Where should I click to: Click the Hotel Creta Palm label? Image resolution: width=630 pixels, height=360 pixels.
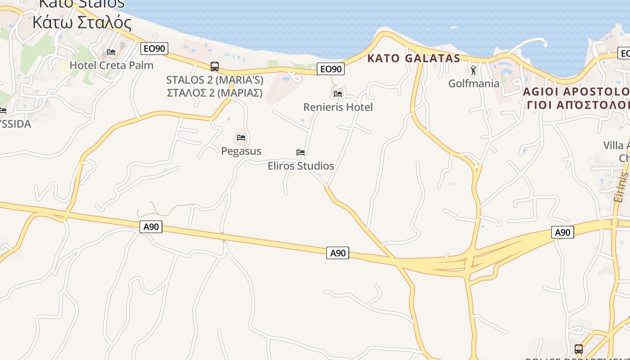111,65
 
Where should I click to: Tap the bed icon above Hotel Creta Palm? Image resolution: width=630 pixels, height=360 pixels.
111,52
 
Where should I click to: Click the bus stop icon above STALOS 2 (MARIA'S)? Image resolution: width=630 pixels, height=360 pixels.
215,67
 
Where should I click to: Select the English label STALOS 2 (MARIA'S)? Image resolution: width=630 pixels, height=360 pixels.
215,80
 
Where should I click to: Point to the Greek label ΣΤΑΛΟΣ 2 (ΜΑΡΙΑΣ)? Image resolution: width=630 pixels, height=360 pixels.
215,93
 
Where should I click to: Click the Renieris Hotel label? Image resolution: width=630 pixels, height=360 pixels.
338,107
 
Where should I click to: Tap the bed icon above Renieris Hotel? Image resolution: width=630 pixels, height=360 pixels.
338,94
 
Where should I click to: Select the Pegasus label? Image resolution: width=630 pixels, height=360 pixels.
241,151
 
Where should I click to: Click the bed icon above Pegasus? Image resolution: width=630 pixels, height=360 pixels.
241,138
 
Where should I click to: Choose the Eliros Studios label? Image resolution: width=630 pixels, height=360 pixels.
301,166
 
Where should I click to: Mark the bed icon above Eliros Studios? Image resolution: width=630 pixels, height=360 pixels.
301,153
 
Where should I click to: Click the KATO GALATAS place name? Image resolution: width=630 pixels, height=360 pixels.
414,58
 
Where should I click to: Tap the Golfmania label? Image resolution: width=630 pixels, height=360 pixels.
474,83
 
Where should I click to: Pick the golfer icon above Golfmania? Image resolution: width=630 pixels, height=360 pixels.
473,70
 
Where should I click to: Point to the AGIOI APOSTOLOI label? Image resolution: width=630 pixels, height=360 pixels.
576,92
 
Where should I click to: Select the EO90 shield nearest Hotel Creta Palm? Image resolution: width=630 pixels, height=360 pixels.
154,49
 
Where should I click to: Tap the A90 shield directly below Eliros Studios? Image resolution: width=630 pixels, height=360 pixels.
337,253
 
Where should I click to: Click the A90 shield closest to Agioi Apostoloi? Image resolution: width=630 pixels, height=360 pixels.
562,232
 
